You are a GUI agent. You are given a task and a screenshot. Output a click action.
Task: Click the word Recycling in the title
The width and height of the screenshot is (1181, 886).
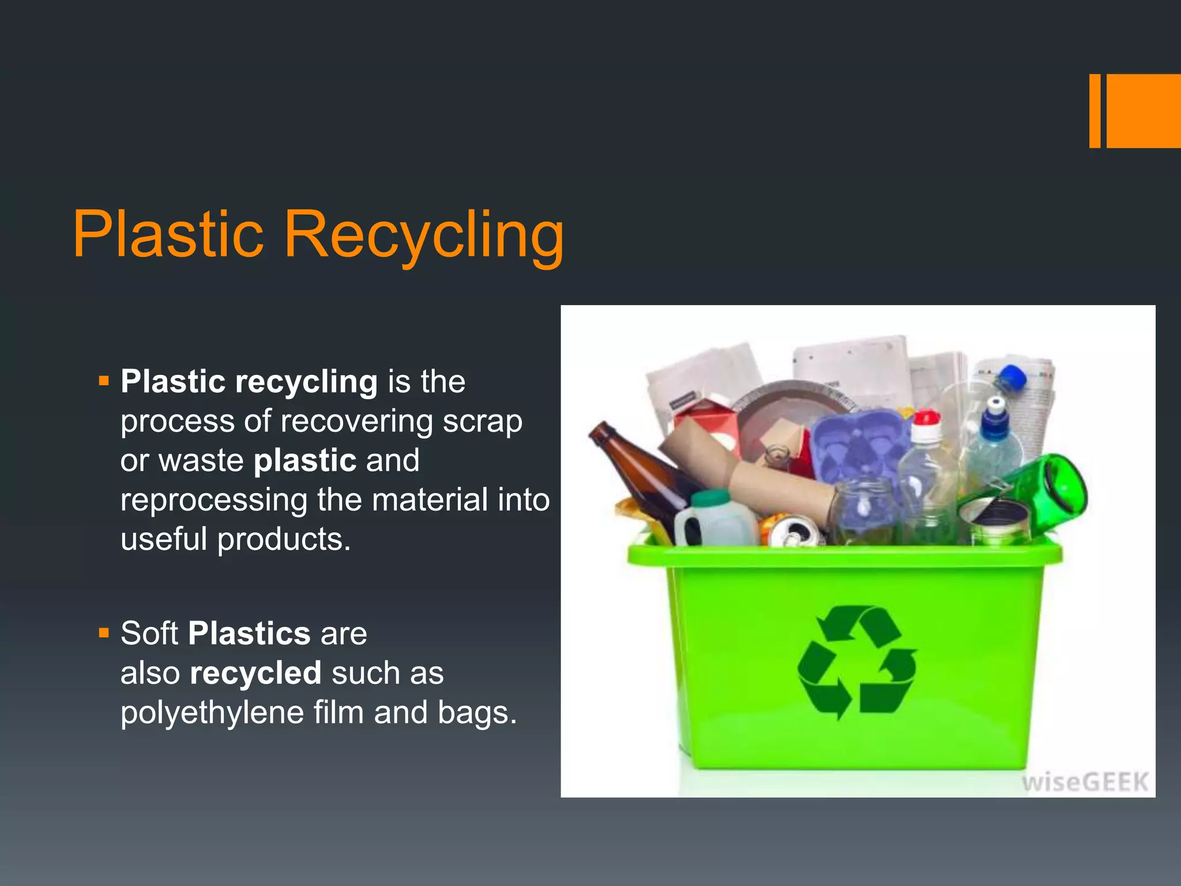[x=424, y=235]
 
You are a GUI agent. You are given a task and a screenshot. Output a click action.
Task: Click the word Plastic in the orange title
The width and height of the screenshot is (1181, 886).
[x=168, y=235]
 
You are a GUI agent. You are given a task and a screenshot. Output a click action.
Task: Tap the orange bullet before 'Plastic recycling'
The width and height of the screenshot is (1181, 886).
[x=104, y=381]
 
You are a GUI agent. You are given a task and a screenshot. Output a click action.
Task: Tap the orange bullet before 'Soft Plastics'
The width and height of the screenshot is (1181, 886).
[x=104, y=633]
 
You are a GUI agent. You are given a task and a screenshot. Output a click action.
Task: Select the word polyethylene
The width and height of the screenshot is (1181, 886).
[x=213, y=713]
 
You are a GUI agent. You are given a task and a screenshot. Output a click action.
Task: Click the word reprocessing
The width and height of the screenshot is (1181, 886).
[x=213, y=500]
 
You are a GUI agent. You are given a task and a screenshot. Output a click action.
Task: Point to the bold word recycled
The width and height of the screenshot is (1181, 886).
[x=255, y=673]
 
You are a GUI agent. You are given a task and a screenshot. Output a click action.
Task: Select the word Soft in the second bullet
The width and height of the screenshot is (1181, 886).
[x=149, y=633]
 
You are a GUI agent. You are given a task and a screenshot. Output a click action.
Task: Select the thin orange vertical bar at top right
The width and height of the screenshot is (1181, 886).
[x=1095, y=111]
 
